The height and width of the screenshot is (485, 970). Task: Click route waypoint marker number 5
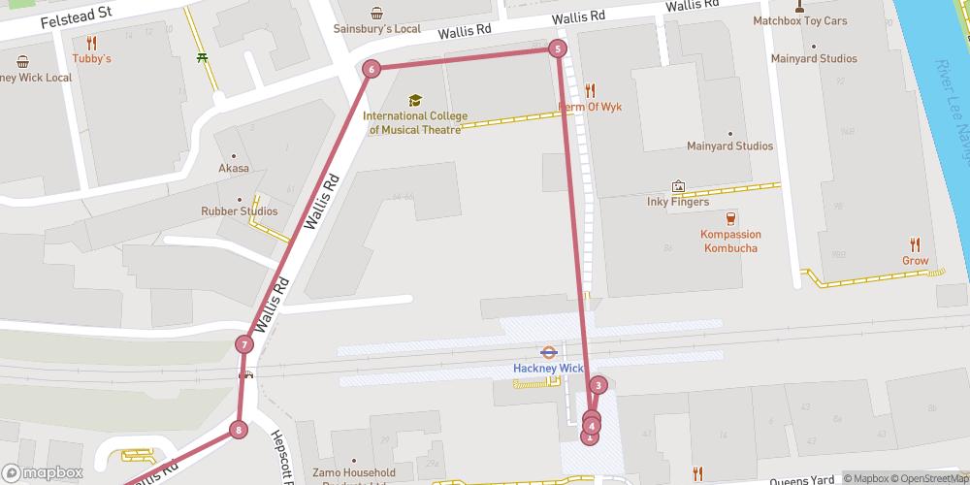click(x=557, y=48)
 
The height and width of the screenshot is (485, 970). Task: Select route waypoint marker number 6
click(x=371, y=69)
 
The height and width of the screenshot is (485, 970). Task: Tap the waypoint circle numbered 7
click(x=244, y=344)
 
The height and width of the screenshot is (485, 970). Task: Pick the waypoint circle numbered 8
click(x=238, y=430)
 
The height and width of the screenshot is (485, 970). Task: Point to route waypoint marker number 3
click(x=598, y=386)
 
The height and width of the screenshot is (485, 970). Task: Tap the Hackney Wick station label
click(x=547, y=369)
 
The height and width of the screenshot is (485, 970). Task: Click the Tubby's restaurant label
click(x=92, y=59)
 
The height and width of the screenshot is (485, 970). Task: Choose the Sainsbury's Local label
click(x=376, y=28)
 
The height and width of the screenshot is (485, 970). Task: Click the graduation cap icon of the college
click(x=415, y=100)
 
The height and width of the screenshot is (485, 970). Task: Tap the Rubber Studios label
click(x=239, y=211)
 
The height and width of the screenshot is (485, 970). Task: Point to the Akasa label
click(x=233, y=169)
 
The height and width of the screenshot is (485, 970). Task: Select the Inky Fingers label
click(x=677, y=203)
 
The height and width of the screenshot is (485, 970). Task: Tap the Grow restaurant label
click(x=915, y=260)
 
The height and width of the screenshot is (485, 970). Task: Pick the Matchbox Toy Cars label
click(x=799, y=20)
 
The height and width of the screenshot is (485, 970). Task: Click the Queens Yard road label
click(x=801, y=480)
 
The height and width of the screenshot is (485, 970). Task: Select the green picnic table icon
click(x=201, y=57)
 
